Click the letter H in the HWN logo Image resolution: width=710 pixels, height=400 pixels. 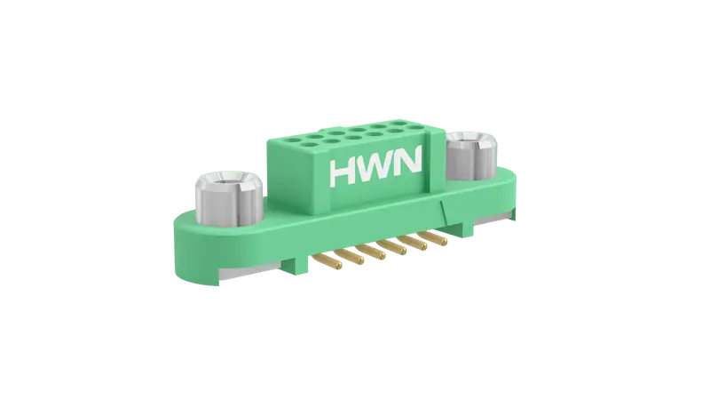344,172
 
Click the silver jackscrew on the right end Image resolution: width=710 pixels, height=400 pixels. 471,155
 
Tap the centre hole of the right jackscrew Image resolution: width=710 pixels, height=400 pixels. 470,140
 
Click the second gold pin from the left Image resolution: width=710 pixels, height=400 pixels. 351,256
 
